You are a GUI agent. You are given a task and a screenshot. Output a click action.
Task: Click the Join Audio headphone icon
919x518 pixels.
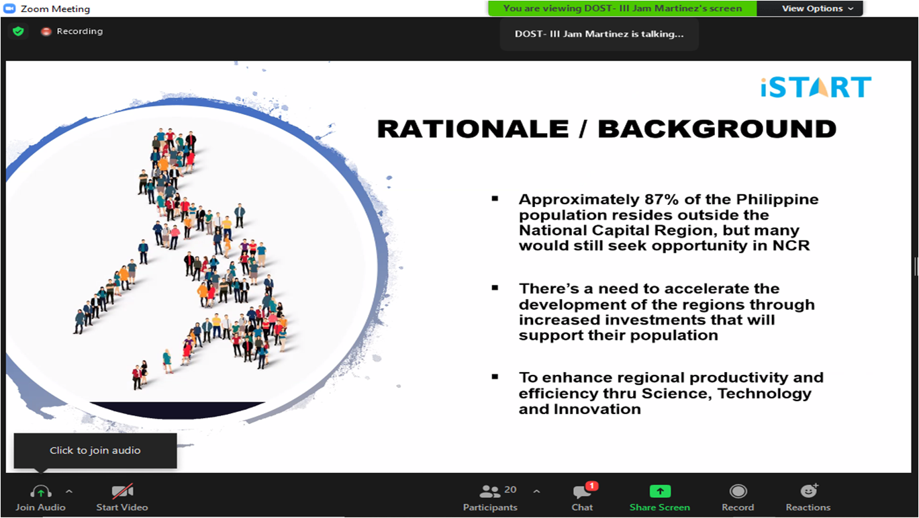coord(41,491)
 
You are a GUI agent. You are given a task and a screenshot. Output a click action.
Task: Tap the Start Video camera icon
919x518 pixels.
coord(122,491)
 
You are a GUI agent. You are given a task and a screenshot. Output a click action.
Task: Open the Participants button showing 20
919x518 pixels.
coord(490,498)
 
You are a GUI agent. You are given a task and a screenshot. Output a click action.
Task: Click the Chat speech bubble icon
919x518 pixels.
coord(582,492)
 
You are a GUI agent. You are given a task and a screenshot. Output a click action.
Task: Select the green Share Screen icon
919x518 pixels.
coord(660,491)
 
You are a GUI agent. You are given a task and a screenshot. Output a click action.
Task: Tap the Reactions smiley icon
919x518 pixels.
coord(809,491)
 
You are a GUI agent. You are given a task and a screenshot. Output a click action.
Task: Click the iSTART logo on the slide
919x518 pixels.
coord(816,87)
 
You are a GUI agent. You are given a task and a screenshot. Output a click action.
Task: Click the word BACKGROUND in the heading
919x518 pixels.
coord(717,129)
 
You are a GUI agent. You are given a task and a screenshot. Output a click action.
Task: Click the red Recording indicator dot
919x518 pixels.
coord(46,32)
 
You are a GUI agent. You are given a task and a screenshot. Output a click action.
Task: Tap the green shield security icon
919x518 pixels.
coord(19,31)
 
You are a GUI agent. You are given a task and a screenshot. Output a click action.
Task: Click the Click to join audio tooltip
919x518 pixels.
coord(95,451)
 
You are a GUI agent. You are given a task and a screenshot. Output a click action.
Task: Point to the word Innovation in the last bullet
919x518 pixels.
coord(597,409)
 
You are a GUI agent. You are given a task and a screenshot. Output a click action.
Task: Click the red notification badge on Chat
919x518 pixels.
coord(591,486)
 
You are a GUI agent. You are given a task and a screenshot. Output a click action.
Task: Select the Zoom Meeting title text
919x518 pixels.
coord(56,9)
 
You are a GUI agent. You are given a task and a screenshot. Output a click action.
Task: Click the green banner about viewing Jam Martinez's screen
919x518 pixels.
coord(622,9)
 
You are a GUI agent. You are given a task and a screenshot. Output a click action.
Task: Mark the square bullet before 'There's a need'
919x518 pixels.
coord(495,288)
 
